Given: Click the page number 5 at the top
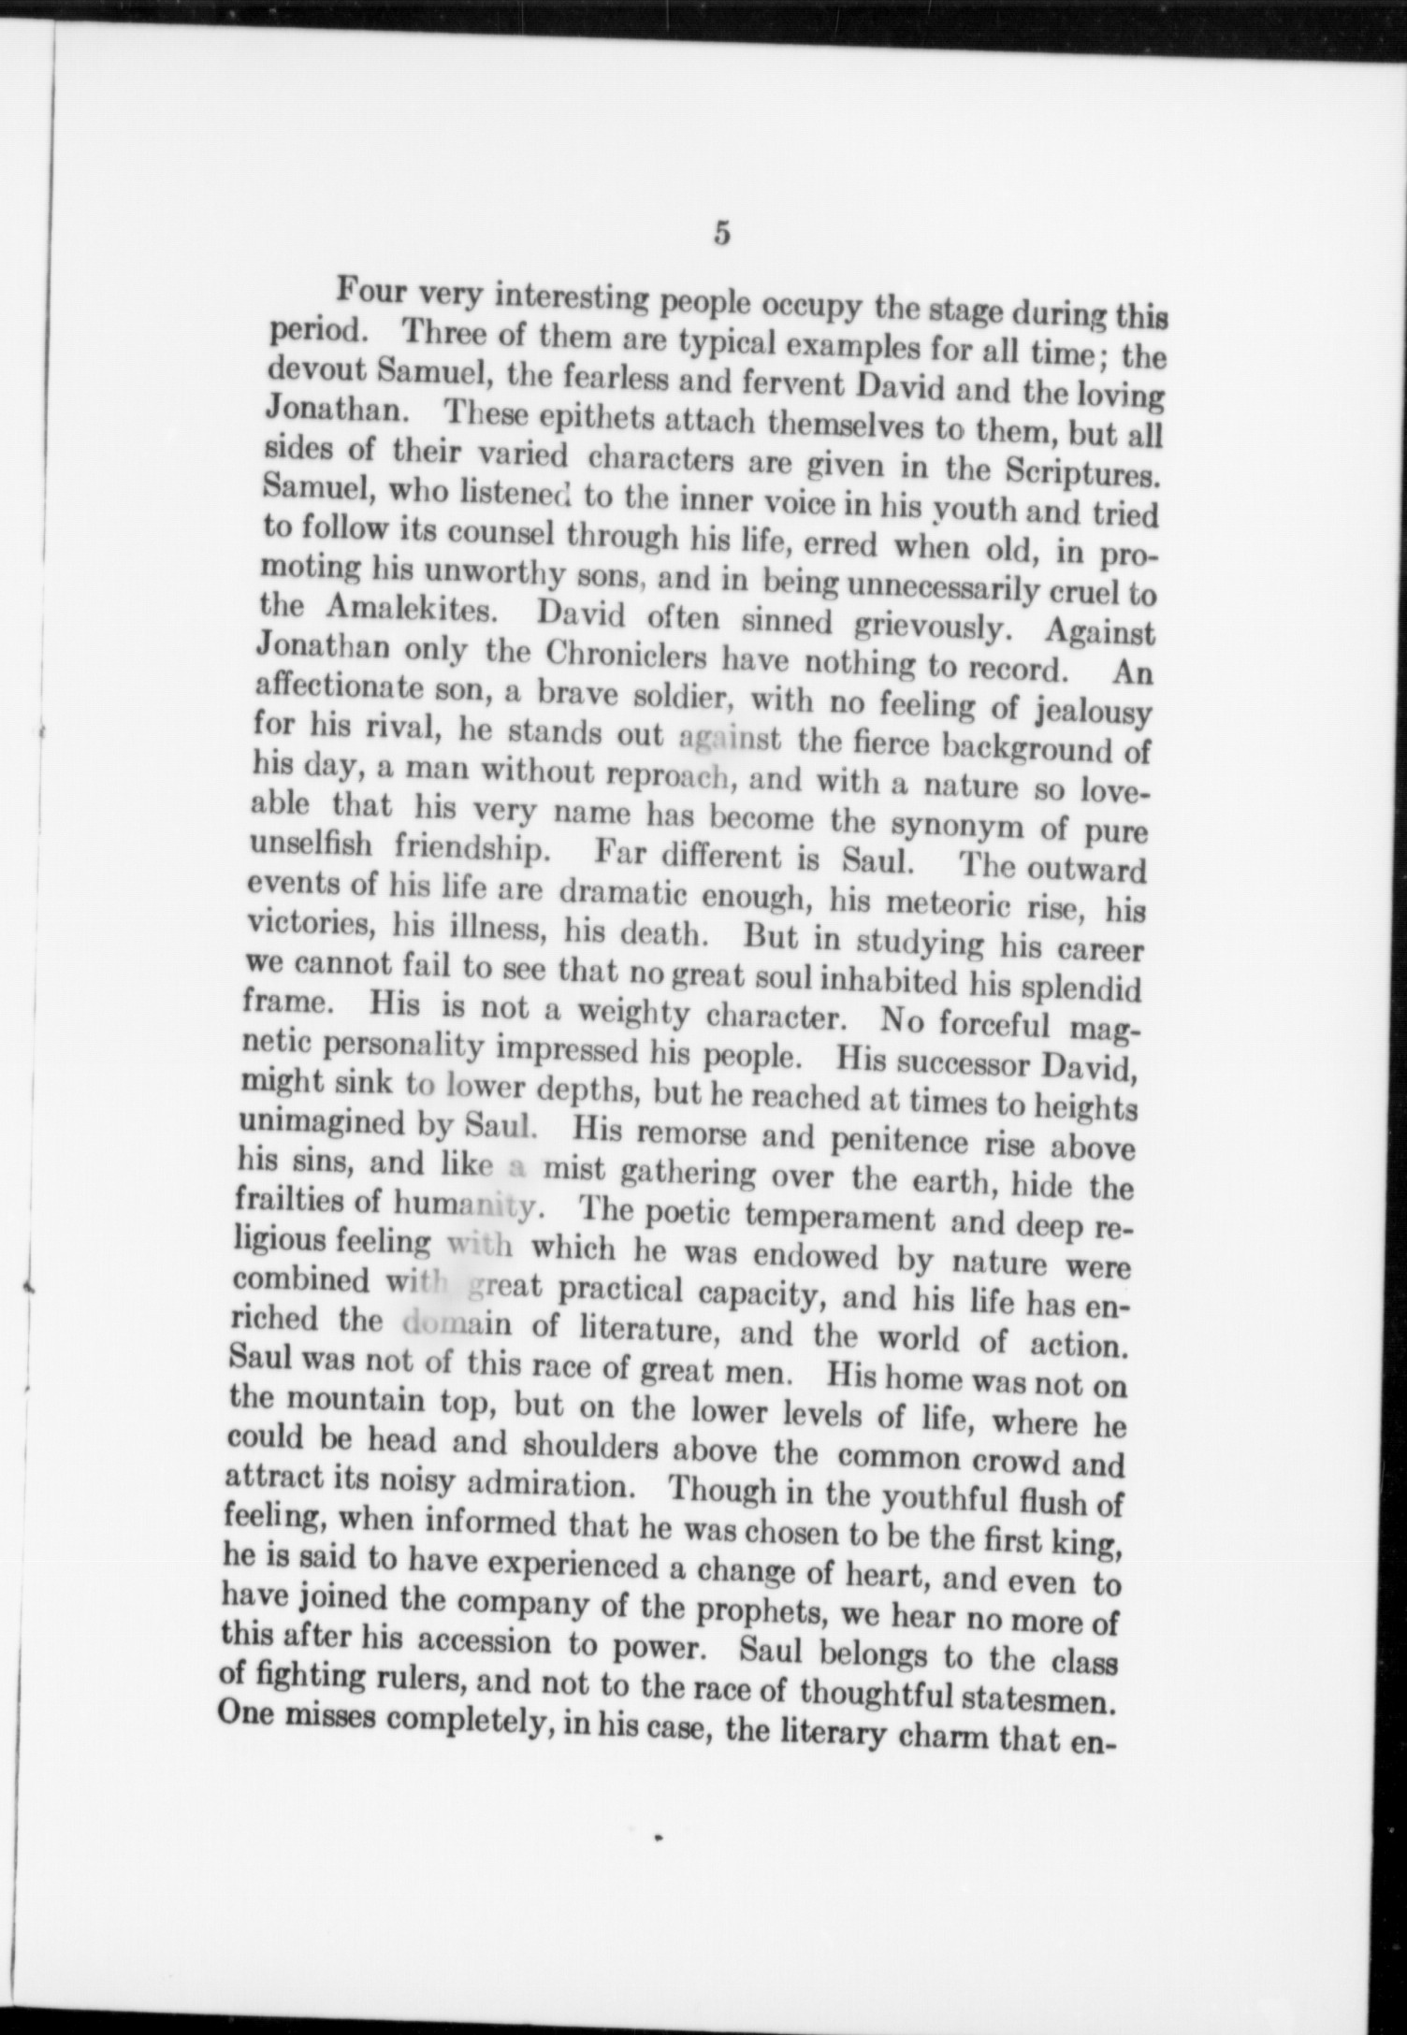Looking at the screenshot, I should click(x=720, y=232).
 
